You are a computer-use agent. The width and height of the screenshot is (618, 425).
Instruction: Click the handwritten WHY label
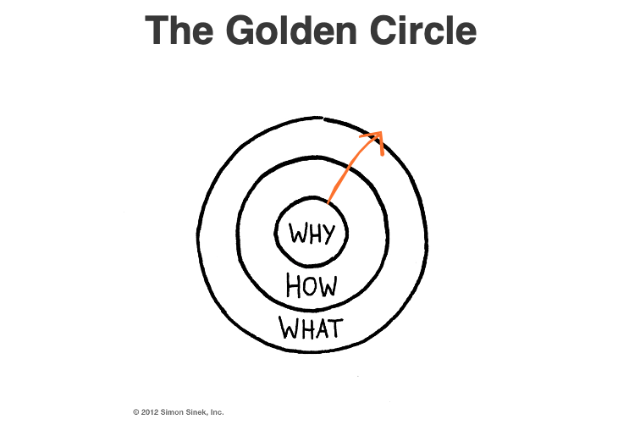click(x=312, y=233)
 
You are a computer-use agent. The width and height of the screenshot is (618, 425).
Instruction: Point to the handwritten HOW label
click(x=312, y=286)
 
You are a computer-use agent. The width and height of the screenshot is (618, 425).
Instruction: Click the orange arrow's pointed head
click(x=379, y=135)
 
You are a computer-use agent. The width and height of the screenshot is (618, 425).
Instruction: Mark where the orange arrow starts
click(x=326, y=203)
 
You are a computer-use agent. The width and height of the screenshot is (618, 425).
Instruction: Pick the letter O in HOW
click(x=311, y=287)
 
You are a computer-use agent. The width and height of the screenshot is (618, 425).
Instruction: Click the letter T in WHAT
click(x=335, y=326)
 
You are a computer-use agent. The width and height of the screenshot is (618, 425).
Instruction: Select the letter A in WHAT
click(x=321, y=327)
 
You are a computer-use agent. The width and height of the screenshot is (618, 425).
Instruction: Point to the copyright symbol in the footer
click(x=135, y=412)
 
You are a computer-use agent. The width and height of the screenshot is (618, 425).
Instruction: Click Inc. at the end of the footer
click(x=217, y=412)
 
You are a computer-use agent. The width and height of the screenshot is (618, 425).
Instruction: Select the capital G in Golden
click(x=242, y=31)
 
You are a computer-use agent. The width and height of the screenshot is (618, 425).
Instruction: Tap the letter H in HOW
click(x=294, y=286)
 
